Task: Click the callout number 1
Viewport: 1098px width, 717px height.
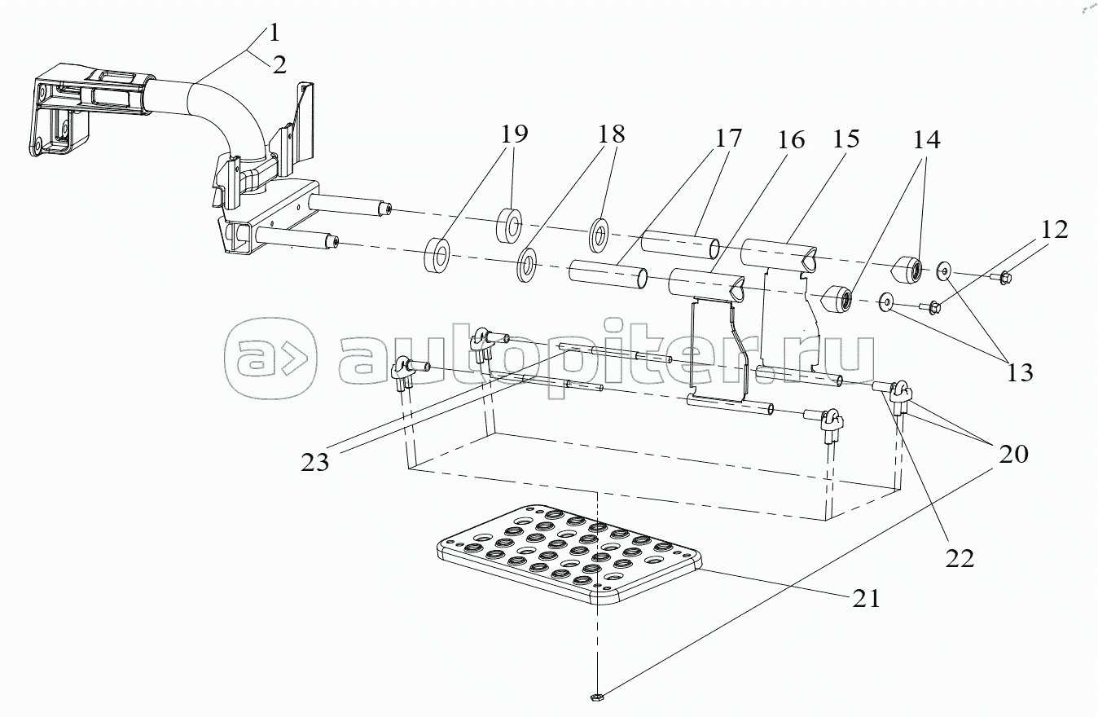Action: [274, 33]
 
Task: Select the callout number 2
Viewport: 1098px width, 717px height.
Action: [279, 64]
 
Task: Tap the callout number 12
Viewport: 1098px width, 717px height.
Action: [1054, 230]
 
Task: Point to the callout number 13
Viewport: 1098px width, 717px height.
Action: [1020, 372]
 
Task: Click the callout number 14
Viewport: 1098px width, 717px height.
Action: [926, 140]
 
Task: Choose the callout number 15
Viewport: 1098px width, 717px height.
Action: [845, 139]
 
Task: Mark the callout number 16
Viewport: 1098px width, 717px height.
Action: [791, 140]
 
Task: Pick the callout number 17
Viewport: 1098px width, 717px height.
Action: [728, 138]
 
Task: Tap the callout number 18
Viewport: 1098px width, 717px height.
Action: [611, 134]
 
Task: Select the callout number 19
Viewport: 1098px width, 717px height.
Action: [514, 134]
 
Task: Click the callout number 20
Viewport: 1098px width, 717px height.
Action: [1013, 454]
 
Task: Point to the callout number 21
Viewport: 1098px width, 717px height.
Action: [866, 598]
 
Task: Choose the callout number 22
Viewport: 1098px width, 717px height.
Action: [960, 558]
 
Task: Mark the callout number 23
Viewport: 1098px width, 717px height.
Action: [314, 462]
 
